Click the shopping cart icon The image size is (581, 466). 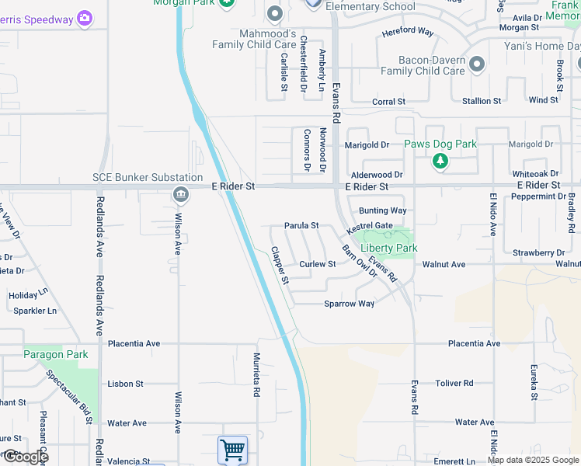click(x=232, y=450)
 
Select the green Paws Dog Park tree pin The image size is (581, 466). click(x=440, y=162)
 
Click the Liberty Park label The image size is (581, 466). click(x=389, y=248)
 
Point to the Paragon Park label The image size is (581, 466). click(x=55, y=355)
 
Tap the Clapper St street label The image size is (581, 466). click(x=280, y=265)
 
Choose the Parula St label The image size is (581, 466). click(x=301, y=226)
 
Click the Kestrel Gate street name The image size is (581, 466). click(x=370, y=226)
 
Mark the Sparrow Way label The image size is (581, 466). click(x=350, y=304)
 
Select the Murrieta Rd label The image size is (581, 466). click(x=256, y=375)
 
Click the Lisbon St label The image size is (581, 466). click(x=126, y=384)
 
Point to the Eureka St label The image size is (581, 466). click(x=534, y=382)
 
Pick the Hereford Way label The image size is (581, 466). click(x=407, y=32)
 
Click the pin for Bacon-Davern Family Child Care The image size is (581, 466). click(x=477, y=63)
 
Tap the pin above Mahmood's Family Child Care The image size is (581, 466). click(x=274, y=13)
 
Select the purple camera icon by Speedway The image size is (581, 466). click(x=85, y=18)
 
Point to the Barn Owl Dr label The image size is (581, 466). click(x=360, y=262)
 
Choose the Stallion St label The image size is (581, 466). click(x=482, y=101)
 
